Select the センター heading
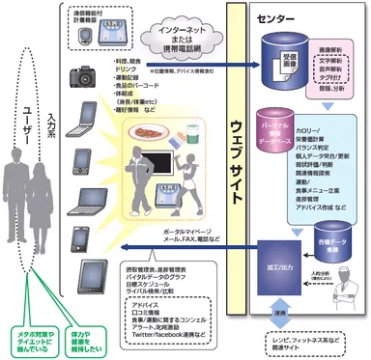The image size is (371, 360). [272, 16]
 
